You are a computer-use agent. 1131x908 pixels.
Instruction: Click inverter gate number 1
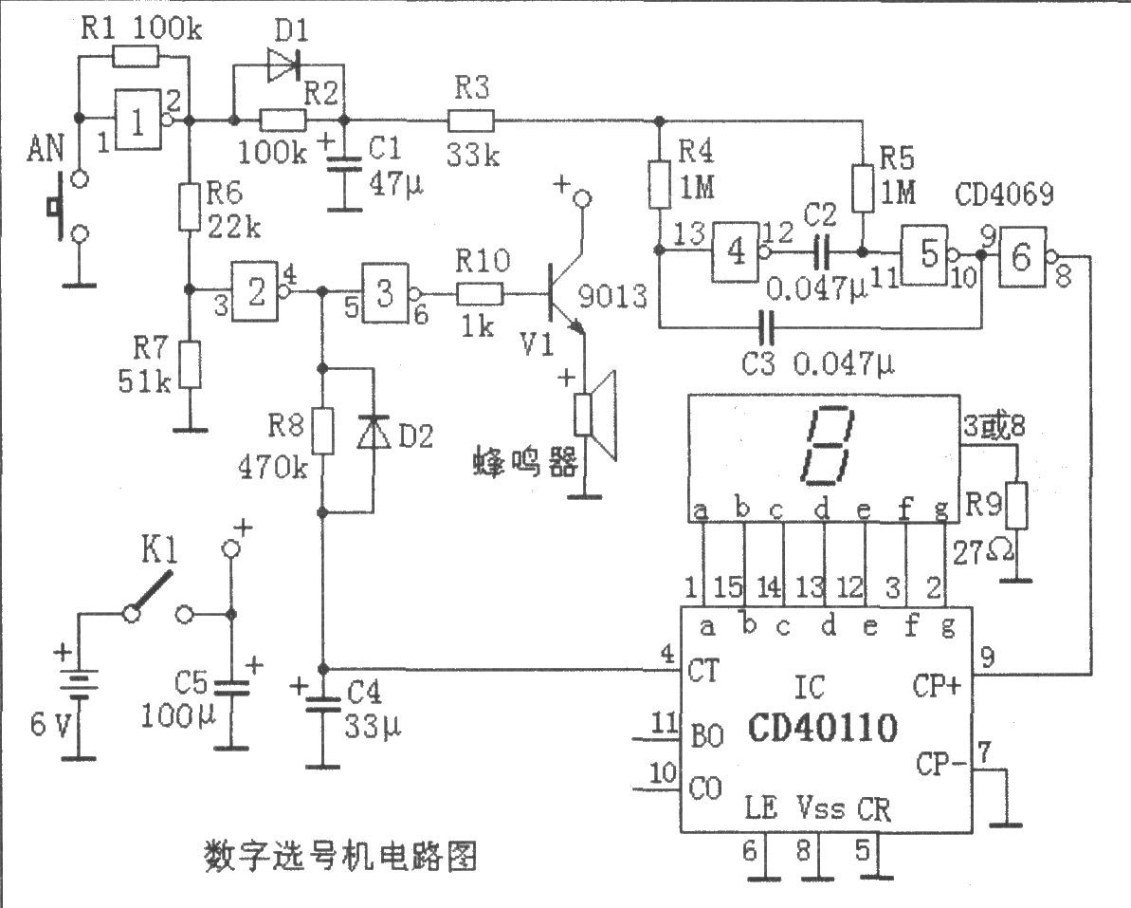[139, 120]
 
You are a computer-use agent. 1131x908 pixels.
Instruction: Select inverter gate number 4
[738, 251]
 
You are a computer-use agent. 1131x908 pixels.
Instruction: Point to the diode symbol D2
[374, 433]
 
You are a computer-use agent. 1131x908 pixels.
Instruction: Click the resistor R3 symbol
[471, 120]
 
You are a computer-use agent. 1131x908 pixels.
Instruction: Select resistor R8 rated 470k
[323, 431]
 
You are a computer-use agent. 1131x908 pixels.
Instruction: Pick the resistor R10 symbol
[481, 294]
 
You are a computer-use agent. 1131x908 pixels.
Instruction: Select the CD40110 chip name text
[823, 728]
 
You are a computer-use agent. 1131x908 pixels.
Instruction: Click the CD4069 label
[1004, 195]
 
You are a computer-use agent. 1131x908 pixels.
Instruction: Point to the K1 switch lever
[152, 592]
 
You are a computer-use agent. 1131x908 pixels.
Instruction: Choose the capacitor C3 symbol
[766, 329]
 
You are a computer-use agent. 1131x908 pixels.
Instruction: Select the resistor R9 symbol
[1017, 506]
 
